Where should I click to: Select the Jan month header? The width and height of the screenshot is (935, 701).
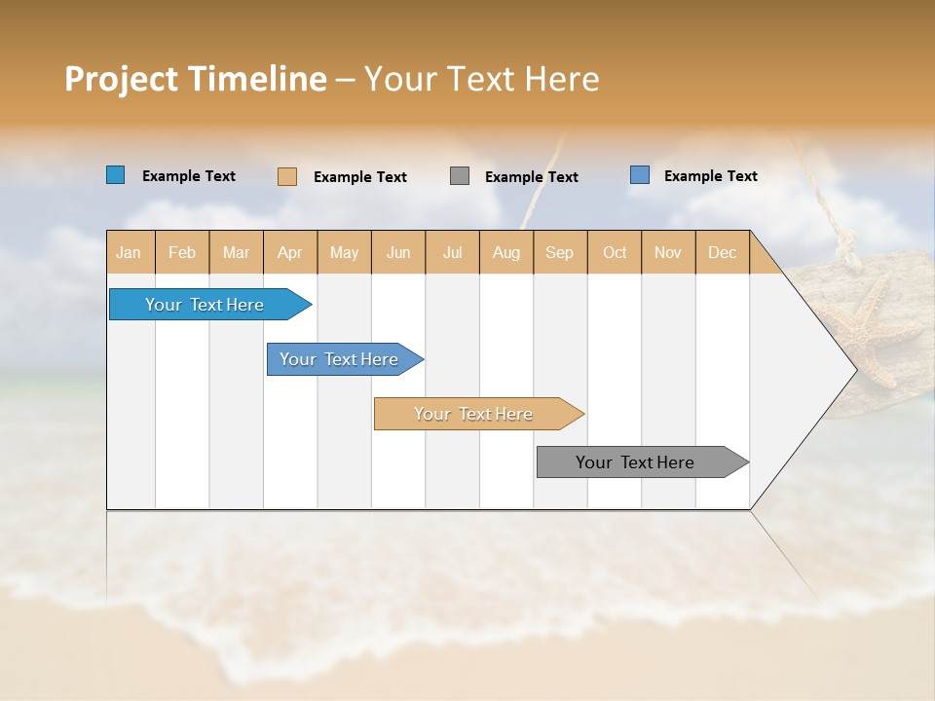click(x=129, y=252)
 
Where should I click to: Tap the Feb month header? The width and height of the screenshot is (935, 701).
click(x=182, y=252)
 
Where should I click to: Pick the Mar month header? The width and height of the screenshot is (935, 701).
click(x=236, y=252)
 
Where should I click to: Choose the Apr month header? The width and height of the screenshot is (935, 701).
click(x=290, y=252)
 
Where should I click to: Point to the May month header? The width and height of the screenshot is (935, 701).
click(x=344, y=252)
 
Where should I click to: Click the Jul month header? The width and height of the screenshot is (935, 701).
click(x=453, y=252)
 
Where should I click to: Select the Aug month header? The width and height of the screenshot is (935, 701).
click(x=506, y=252)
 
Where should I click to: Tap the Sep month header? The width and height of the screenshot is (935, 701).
click(x=560, y=252)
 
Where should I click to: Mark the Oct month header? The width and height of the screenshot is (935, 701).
click(x=615, y=252)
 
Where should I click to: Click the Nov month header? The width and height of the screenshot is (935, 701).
click(x=668, y=252)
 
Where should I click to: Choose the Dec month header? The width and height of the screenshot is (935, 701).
click(x=723, y=252)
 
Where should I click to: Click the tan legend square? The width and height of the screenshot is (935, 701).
click(x=287, y=176)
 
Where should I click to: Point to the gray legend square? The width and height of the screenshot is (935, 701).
click(x=460, y=176)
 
